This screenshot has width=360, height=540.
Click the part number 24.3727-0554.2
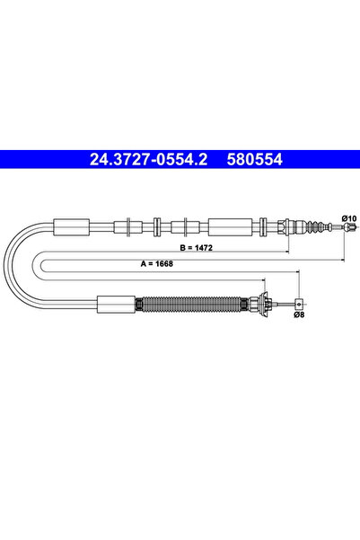(137, 159)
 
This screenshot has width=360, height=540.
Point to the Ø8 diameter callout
(298, 314)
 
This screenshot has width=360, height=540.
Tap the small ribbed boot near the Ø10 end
(313, 226)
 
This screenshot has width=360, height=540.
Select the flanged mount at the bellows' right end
(265, 304)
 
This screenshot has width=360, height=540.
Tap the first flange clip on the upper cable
(131, 225)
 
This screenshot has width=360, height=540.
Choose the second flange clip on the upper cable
(158, 225)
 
